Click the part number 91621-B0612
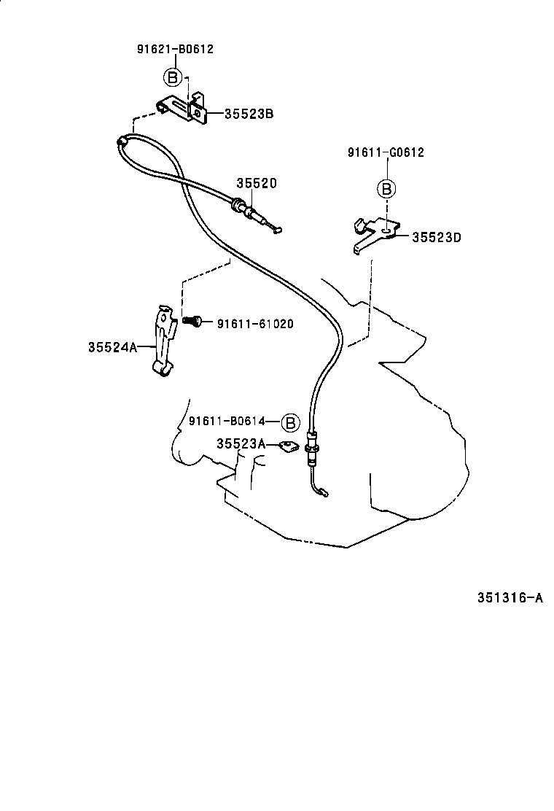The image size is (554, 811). click(x=175, y=50)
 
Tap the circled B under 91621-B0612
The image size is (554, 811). click(x=171, y=77)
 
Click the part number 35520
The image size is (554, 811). click(x=256, y=184)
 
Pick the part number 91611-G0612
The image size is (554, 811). click(x=386, y=152)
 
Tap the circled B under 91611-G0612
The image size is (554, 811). click(x=386, y=190)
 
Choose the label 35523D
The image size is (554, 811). click(x=437, y=237)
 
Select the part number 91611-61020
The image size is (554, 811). click(x=255, y=324)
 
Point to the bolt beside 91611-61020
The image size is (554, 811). click(x=192, y=321)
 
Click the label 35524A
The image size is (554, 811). click(x=112, y=348)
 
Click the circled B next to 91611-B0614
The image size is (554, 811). click(x=290, y=422)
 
